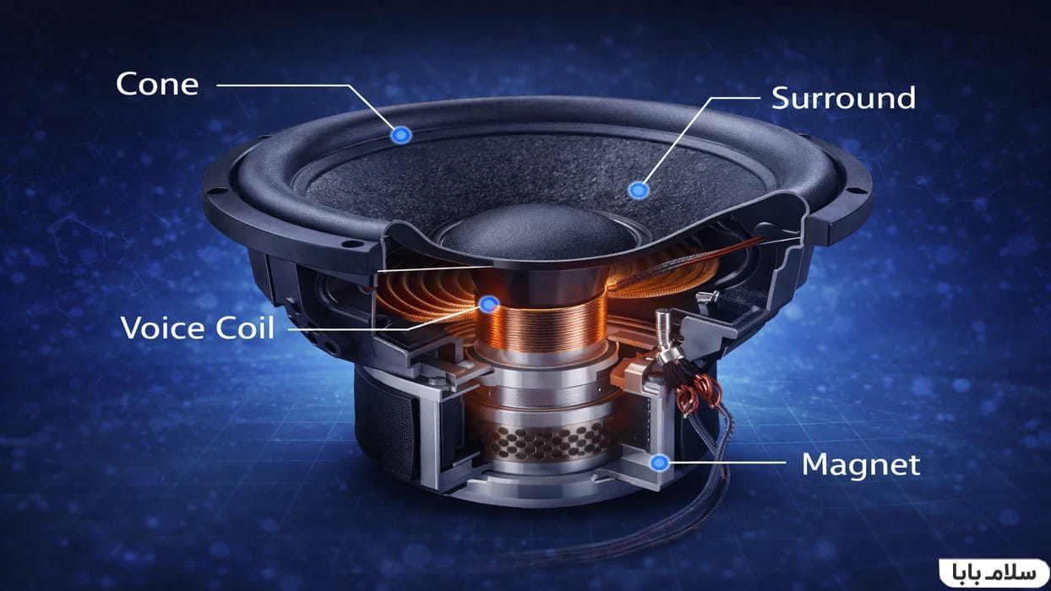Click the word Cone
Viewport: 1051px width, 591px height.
tap(157, 84)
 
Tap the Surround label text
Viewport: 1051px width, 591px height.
tap(844, 98)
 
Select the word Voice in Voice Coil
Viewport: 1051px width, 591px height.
tap(163, 328)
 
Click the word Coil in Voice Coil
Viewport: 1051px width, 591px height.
tap(244, 328)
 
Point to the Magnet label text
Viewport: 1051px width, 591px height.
tap(861, 464)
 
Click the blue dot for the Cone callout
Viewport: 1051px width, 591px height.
tap(400, 135)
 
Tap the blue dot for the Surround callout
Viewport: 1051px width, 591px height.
tap(638, 190)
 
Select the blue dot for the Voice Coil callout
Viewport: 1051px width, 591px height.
tap(489, 305)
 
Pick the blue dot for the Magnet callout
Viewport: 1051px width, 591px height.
tap(659, 463)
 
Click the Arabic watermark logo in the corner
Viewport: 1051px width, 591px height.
tap(994, 572)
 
